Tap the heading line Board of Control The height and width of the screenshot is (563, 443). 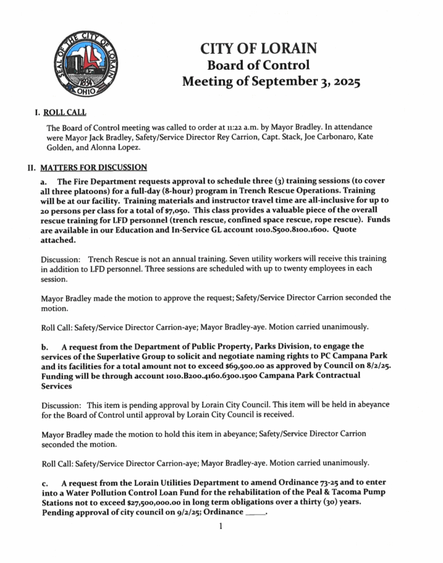point(258,65)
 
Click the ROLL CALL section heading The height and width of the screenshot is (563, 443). point(65,113)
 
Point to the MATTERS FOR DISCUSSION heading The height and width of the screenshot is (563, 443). point(98,167)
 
